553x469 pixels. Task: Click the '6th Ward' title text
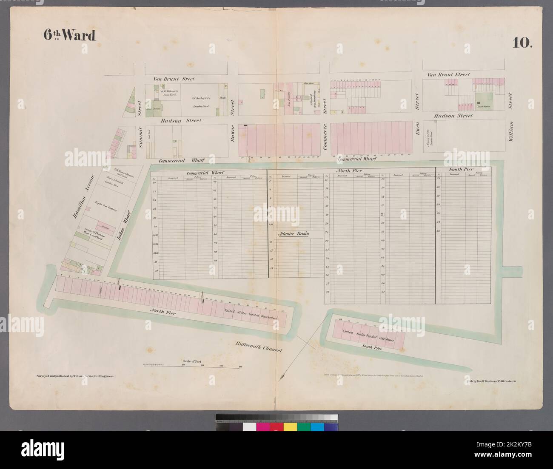(x=69, y=36)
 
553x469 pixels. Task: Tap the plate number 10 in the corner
(x=521, y=43)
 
